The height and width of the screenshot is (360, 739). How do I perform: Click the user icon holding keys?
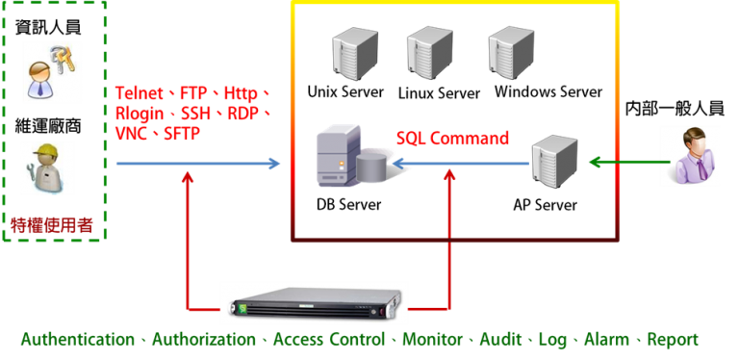52,71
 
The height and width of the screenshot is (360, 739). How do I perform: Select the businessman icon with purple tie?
689,155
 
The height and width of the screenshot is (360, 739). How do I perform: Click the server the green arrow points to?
554,160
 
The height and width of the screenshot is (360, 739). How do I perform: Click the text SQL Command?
452,139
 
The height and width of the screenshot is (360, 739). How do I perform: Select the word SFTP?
182,134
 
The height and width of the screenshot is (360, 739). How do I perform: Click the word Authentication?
77,340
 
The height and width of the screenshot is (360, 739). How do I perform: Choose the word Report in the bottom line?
673,340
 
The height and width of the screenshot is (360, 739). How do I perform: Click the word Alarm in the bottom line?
604,340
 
